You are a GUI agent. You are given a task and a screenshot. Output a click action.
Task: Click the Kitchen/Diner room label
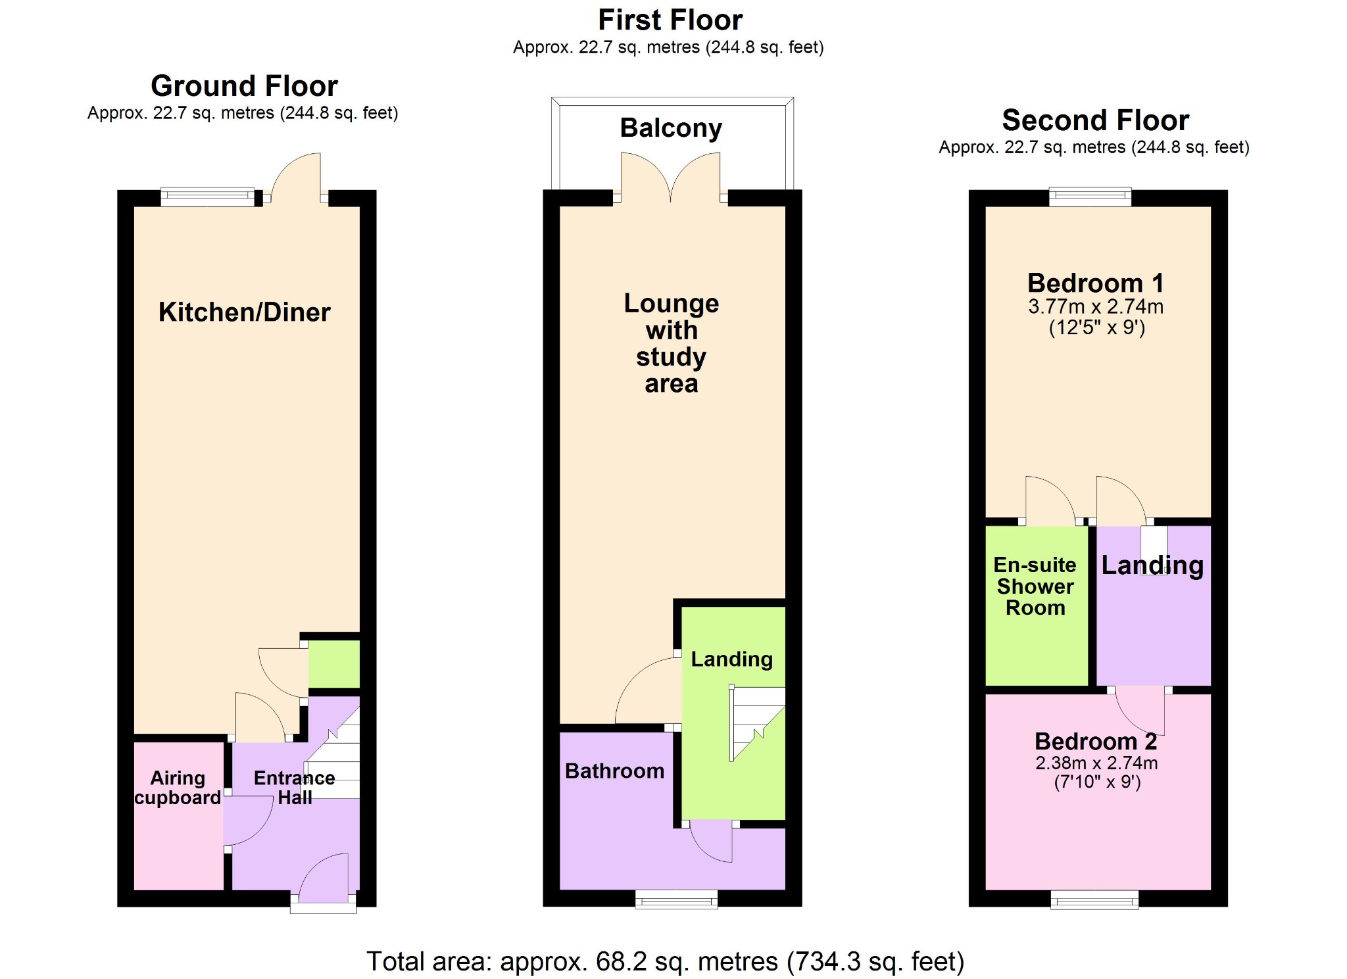244,312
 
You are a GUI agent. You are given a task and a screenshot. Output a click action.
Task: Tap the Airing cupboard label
178,788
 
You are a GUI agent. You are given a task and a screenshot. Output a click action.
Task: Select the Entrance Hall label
294,788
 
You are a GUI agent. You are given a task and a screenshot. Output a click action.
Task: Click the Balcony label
671,128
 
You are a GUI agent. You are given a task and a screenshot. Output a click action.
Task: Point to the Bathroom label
614,771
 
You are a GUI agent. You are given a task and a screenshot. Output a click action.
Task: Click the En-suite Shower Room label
1035,586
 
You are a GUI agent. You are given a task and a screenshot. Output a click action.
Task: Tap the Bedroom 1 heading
1096,283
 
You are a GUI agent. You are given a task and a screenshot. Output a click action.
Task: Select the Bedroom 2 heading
1096,741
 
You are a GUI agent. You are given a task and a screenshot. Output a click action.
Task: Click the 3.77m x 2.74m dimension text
1096,306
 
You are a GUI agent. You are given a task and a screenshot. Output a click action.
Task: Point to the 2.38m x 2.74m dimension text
1096,763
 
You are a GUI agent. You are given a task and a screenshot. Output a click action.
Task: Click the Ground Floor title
244,86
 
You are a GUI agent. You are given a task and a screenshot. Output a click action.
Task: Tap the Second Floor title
1095,120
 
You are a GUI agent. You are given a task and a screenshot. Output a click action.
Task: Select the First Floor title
670,20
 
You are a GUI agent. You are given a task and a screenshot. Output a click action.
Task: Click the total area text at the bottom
665,961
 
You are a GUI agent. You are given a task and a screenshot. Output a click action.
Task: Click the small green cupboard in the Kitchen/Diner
334,664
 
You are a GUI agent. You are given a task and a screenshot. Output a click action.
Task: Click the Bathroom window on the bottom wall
676,899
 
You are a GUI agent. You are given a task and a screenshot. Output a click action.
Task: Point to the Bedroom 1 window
1090,197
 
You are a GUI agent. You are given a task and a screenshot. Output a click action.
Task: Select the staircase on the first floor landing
758,723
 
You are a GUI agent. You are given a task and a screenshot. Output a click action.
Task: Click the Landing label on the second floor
1152,565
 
